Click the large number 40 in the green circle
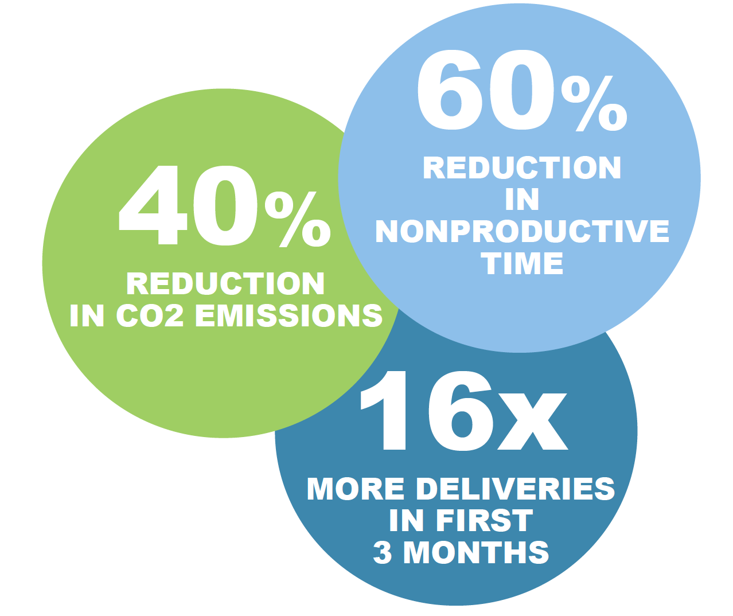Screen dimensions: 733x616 pos(188,205)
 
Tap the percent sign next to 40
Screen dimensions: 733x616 pos(297,219)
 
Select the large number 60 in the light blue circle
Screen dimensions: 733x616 pos(485,89)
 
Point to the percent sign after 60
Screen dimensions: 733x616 pos(594,104)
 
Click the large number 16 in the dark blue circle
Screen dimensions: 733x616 pos(427,411)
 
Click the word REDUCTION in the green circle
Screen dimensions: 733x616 pos(225,283)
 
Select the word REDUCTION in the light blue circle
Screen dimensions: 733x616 pos(522,167)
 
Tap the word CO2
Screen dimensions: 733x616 pos(150,315)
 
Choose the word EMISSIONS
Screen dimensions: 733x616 pos(288,315)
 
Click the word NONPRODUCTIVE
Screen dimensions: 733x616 pos(523,231)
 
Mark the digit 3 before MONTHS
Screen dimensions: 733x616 pos(383,552)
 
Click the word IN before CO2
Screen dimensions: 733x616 pos(87,315)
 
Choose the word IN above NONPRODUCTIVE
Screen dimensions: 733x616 pos(522,200)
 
